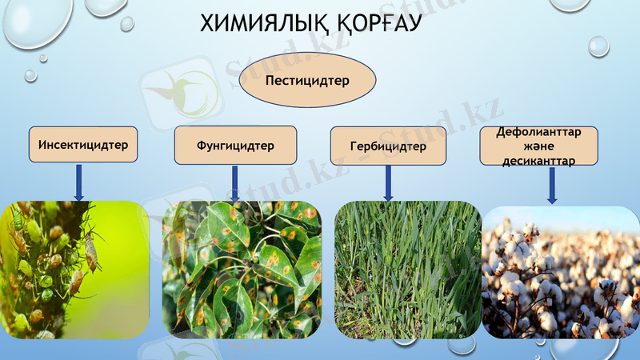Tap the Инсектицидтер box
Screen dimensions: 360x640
point(82,146)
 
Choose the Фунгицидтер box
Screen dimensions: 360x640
point(235,146)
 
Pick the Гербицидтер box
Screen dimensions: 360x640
point(388,146)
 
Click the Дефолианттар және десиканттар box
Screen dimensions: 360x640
point(541,146)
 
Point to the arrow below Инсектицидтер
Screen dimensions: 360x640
point(78,183)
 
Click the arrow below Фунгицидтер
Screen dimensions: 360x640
point(234,183)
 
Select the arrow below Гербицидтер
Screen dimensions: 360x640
point(388,183)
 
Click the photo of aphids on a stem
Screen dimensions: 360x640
point(75,270)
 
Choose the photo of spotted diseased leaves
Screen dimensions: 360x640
point(242,270)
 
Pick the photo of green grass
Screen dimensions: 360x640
point(407,270)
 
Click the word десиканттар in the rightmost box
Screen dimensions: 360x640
point(541,160)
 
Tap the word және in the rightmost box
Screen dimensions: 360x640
point(540,146)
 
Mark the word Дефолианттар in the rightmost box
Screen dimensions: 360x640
point(541,132)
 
